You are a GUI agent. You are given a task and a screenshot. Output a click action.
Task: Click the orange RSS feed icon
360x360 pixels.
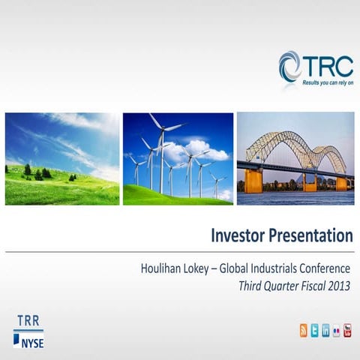coord(304,331)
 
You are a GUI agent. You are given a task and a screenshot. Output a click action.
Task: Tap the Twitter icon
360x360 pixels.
coord(315,331)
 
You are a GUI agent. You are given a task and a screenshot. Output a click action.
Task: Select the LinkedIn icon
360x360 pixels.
coord(325,331)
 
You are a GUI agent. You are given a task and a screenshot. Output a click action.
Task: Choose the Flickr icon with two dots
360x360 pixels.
coord(337,331)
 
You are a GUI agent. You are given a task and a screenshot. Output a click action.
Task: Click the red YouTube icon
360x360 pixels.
coord(348,331)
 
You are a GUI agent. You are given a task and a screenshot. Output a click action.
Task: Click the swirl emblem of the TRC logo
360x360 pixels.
coord(290,65)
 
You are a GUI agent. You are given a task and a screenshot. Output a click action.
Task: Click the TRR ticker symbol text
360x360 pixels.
coord(28,321)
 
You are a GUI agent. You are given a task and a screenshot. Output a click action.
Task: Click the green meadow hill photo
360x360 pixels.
coord(61,159)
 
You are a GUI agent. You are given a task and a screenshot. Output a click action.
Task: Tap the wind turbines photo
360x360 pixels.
coord(178,159)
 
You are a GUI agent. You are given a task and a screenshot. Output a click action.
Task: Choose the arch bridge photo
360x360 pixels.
coord(295,159)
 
